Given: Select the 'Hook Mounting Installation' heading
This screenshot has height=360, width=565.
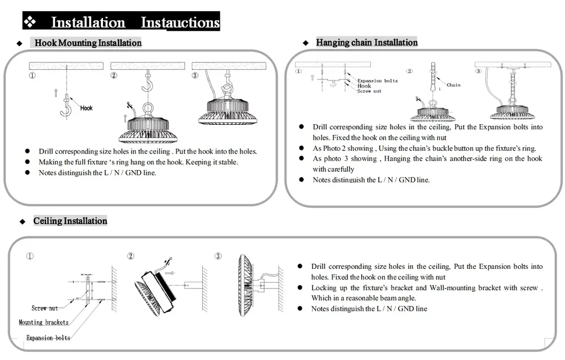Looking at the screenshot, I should click(x=88, y=43).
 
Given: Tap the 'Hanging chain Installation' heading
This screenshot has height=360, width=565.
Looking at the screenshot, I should click(x=367, y=42).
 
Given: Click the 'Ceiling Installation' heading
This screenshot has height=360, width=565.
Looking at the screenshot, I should click(x=70, y=221).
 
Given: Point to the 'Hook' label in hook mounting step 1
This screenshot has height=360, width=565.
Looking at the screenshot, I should click(x=86, y=108).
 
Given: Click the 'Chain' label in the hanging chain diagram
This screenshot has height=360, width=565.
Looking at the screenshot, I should click(x=453, y=85).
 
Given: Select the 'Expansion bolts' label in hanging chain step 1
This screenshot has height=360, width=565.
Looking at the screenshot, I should click(x=377, y=81).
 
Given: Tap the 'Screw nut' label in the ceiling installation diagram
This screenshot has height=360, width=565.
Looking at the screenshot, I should click(x=45, y=308).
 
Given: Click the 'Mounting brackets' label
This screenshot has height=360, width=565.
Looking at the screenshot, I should click(x=44, y=322).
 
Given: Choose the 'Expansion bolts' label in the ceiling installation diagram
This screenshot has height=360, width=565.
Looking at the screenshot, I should click(x=48, y=338).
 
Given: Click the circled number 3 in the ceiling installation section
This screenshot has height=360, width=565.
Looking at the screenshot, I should click(x=218, y=257).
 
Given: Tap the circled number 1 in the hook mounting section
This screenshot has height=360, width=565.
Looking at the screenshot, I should click(x=33, y=75).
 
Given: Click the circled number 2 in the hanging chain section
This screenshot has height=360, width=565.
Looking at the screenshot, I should click(x=409, y=71).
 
